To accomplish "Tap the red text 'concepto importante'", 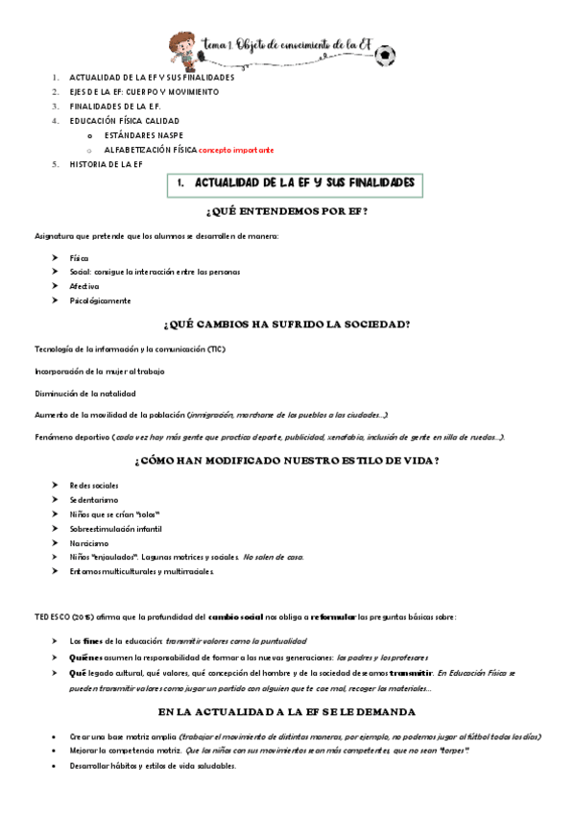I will [x=236, y=151].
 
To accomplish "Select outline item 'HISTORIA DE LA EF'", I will [x=106, y=165].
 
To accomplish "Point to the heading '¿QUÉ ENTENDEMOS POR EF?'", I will [x=286, y=211].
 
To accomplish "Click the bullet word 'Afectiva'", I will [x=84, y=286].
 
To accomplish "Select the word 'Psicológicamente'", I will [x=100, y=300].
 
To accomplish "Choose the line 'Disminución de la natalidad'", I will [x=85, y=393].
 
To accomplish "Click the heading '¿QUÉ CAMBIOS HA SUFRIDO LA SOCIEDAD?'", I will [x=287, y=323].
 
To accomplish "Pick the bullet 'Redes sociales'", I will [x=94, y=486].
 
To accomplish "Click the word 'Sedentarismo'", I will [x=94, y=500].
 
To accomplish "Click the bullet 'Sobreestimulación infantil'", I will [x=115, y=529].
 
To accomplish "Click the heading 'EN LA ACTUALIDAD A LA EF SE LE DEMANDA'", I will [x=287, y=712].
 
